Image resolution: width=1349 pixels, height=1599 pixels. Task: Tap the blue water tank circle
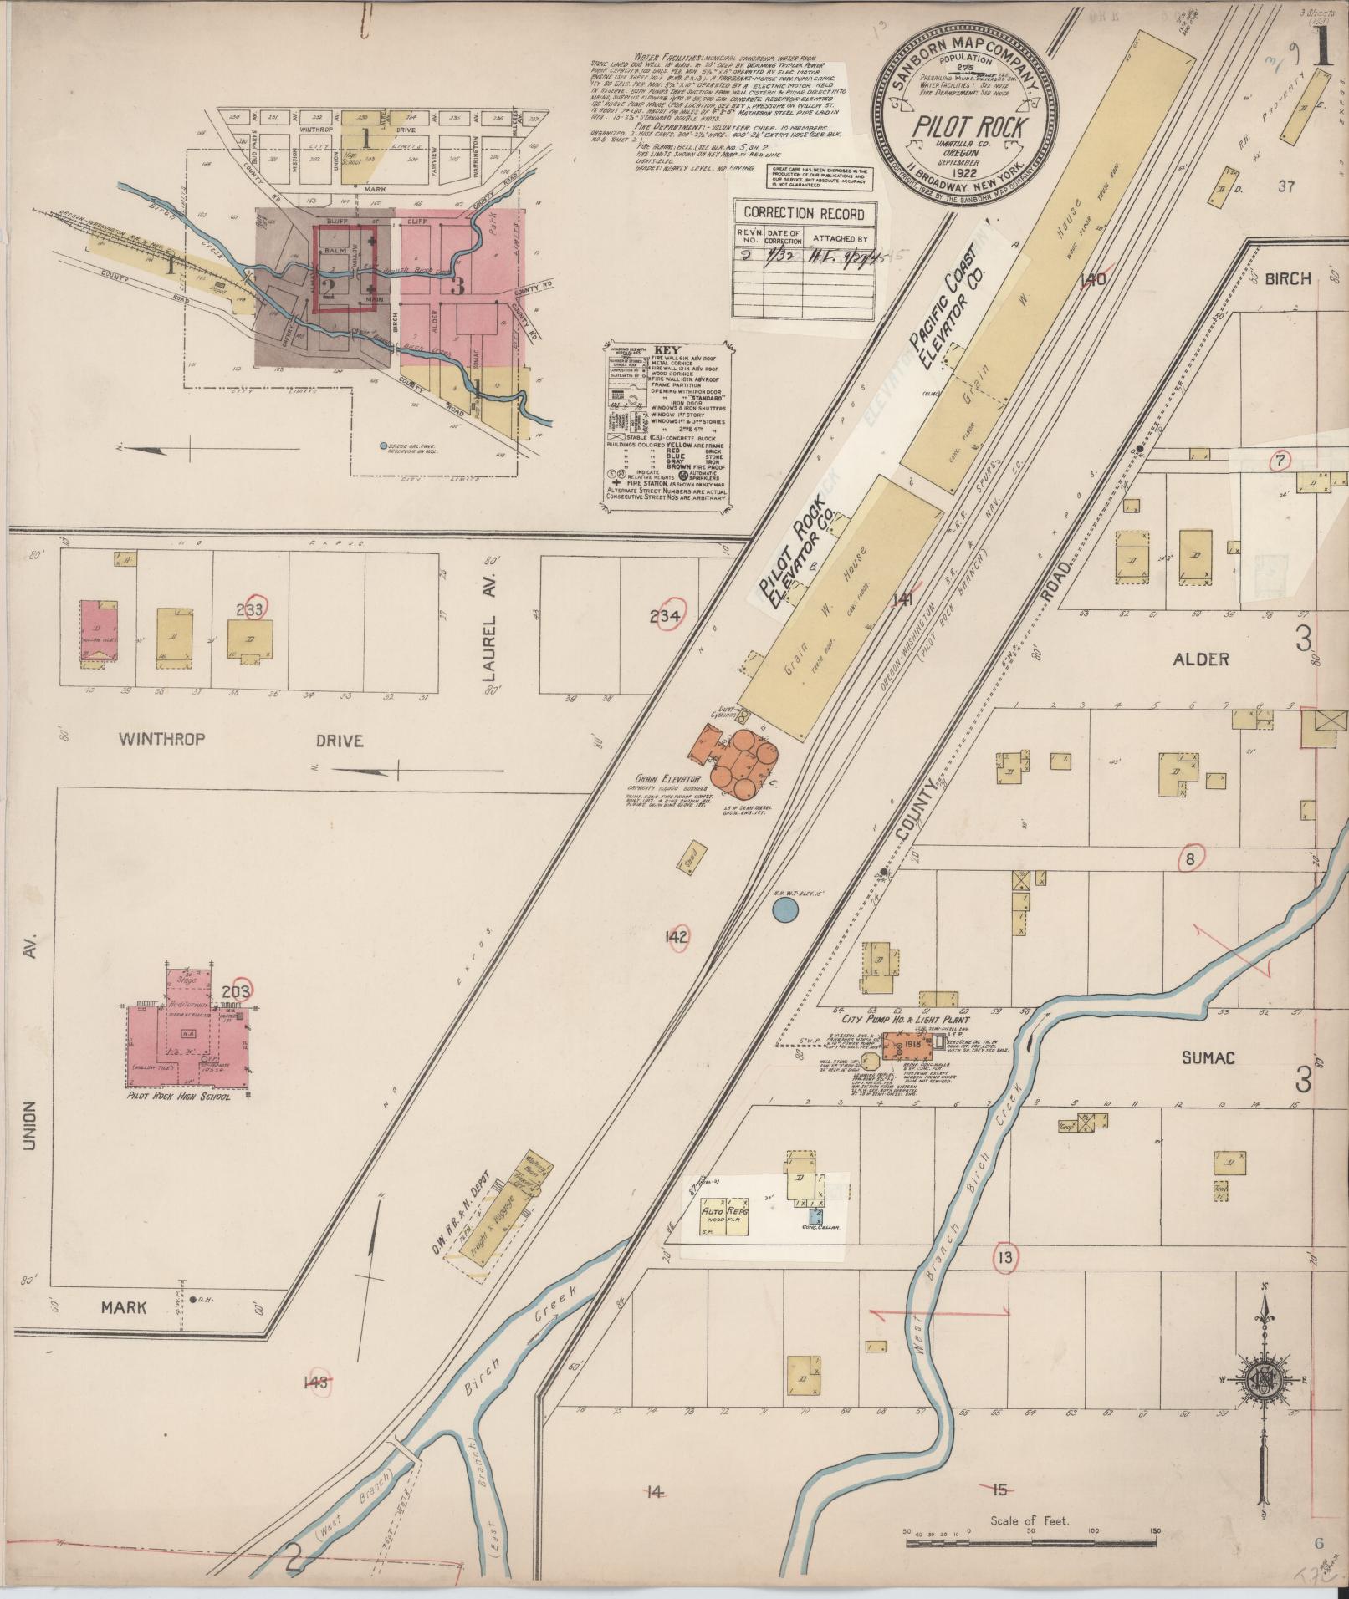pos(784,910)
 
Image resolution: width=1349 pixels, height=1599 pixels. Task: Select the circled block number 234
pos(672,617)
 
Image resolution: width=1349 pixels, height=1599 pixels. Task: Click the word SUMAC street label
pos(1208,1058)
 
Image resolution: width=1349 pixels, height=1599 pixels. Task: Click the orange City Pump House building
pos(910,1044)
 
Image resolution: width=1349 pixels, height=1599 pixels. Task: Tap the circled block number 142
pos(675,937)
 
